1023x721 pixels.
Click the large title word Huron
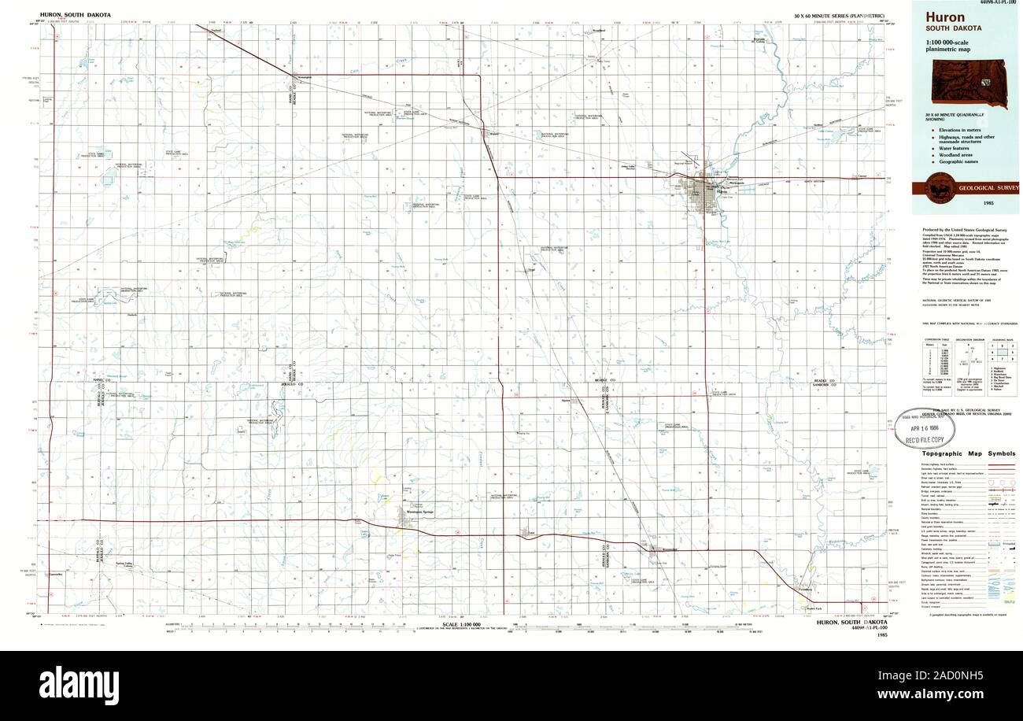tap(945, 17)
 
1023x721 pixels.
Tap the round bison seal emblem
tap(937, 190)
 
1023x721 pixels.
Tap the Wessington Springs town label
tap(419, 512)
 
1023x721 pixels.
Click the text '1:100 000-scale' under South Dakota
tap(947, 42)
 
